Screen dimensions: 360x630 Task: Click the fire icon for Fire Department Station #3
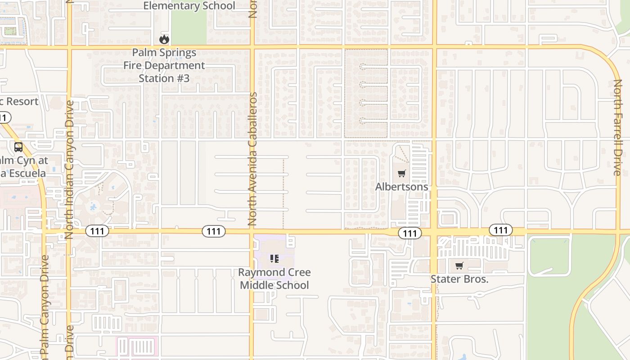click(164, 39)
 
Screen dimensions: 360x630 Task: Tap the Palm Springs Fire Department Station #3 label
click(164, 65)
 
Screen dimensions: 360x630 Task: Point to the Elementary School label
click(189, 6)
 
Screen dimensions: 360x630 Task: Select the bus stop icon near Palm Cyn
click(18, 147)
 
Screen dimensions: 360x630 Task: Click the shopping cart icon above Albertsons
click(402, 173)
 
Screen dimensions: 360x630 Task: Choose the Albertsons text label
click(402, 186)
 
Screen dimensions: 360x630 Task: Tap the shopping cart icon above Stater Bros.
click(459, 265)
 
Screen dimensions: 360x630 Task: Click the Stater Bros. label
click(459, 279)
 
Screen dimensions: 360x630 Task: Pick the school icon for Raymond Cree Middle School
click(274, 258)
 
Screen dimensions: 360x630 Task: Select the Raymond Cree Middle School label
click(274, 279)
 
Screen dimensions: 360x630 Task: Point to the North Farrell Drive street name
click(617, 127)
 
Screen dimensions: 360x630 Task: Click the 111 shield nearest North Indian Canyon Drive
click(97, 231)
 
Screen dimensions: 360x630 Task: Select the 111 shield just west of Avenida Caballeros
click(214, 231)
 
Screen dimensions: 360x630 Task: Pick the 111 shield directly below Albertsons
click(410, 233)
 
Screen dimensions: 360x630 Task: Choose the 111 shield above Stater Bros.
click(500, 230)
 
